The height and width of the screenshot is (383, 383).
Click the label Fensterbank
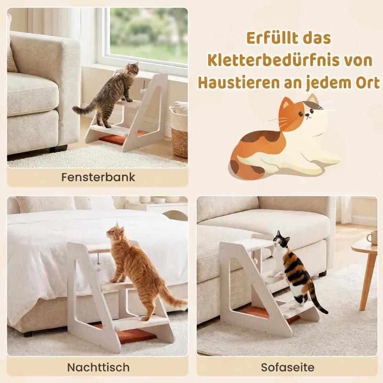(x=98, y=177)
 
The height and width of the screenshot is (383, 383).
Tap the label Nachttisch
(x=98, y=367)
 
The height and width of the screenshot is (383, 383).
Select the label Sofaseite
(x=288, y=367)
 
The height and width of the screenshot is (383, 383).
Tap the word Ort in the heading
(x=368, y=83)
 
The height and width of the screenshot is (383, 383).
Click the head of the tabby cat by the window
(x=132, y=68)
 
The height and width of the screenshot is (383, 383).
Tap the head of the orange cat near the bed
(x=115, y=232)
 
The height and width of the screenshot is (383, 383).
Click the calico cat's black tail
(x=318, y=301)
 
